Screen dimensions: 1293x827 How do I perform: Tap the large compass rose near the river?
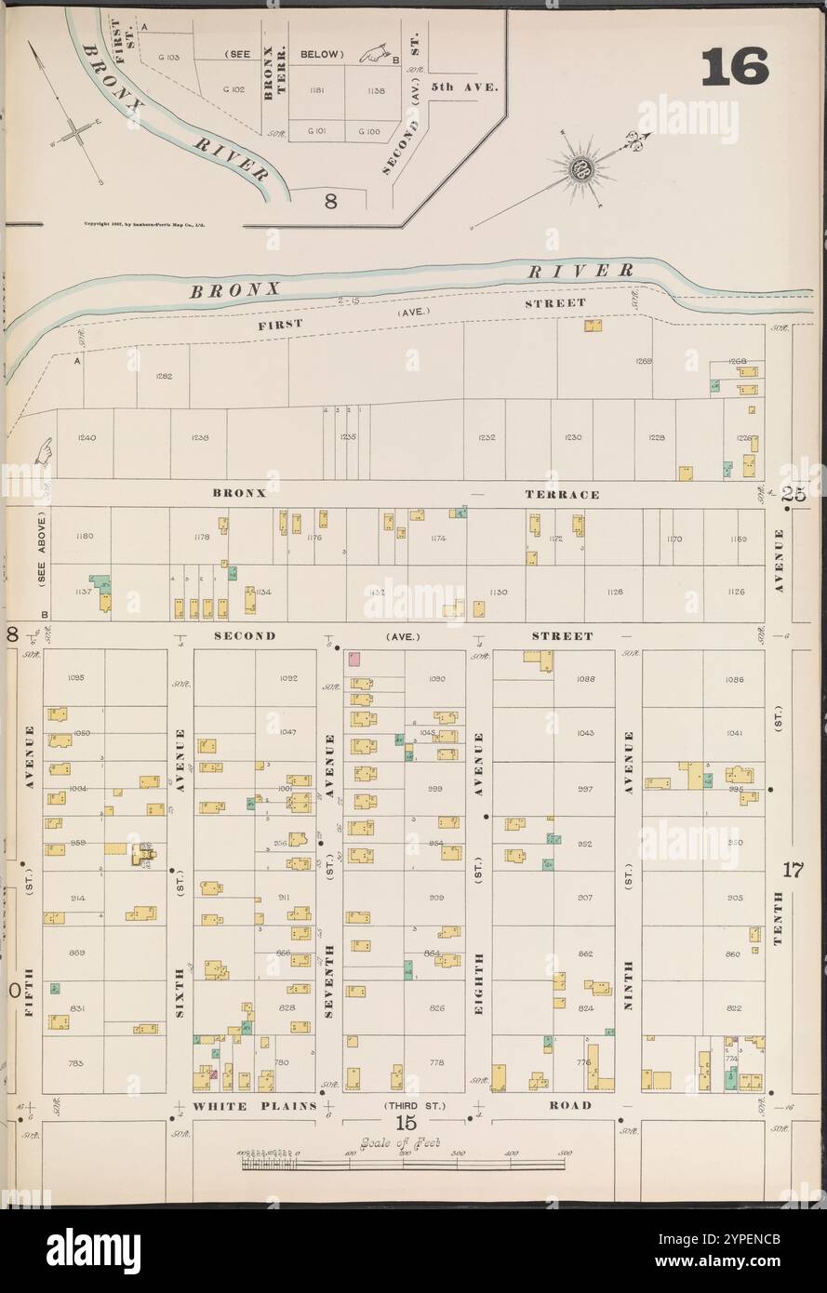pyautogui.click(x=584, y=169)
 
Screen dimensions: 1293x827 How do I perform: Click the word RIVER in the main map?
pyautogui.click(x=580, y=271)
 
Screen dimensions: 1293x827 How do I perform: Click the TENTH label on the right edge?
pyautogui.click(x=778, y=918)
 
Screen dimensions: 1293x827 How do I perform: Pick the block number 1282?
pyautogui.click(x=163, y=377)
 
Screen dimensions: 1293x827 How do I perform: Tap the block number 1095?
pyautogui.click(x=76, y=677)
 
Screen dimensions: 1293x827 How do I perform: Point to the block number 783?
pyautogui.click(x=76, y=1061)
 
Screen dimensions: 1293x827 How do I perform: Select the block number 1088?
pyautogui.click(x=585, y=678)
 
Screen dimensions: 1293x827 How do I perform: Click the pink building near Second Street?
pyautogui.click(x=353, y=659)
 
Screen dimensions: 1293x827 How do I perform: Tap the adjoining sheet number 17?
pyautogui.click(x=792, y=871)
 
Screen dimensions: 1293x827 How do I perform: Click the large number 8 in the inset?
pyautogui.click(x=329, y=200)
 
